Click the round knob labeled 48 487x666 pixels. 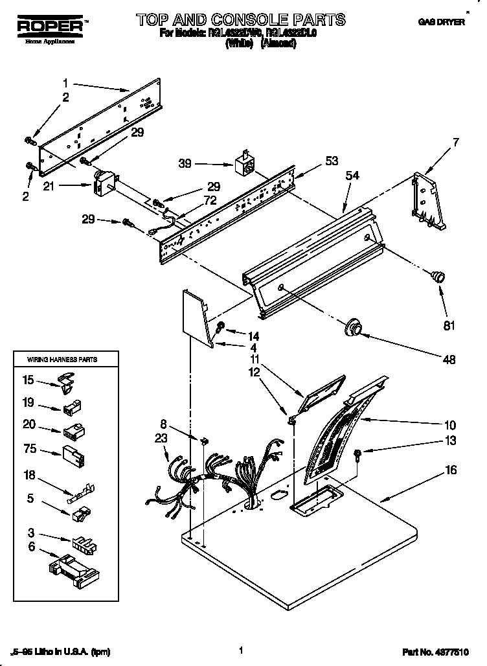click(x=354, y=327)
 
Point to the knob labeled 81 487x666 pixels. click(x=438, y=277)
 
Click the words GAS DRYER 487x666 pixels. click(x=442, y=22)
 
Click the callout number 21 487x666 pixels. click(x=67, y=187)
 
